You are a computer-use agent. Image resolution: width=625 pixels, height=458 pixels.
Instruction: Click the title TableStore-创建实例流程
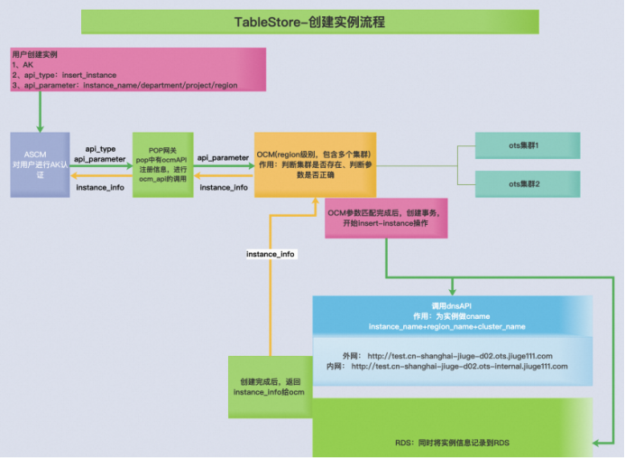pos(309,21)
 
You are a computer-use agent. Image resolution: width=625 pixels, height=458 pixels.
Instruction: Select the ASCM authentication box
pos(40,164)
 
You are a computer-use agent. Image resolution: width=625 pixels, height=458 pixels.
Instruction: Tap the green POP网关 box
pos(162,164)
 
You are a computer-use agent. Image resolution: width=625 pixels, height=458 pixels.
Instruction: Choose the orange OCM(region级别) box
pos(313,164)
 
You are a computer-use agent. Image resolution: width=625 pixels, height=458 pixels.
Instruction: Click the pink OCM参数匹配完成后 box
pos(386,218)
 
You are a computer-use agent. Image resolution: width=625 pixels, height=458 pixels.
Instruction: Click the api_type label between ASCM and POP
pos(99,146)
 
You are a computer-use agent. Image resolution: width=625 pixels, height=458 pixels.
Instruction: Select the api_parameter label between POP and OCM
pos(223,157)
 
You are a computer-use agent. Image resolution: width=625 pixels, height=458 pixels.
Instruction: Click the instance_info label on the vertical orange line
pos(271,255)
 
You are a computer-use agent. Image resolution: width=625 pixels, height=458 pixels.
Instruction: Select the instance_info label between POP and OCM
pos(223,187)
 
